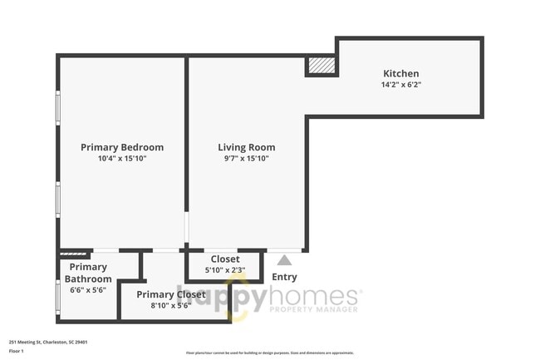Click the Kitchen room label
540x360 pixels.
coord(400,73)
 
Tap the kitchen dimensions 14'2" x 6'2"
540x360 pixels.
coord(400,84)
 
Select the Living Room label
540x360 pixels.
coord(247,147)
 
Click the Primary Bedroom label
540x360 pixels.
coord(122,147)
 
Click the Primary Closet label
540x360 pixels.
coord(170,294)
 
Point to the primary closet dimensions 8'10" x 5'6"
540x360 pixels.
coord(170,305)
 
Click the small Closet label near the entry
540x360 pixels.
coord(225,259)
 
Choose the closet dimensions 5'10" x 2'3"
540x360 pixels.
coord(225,269)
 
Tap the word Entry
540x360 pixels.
coord(284,277)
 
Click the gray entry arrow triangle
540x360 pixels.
coord(284,261)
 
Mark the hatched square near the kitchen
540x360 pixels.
coord(322,66)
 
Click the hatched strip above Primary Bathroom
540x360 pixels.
coord(75,252)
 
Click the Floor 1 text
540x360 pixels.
coord(17,351)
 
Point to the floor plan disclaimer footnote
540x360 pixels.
coord(269,353)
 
